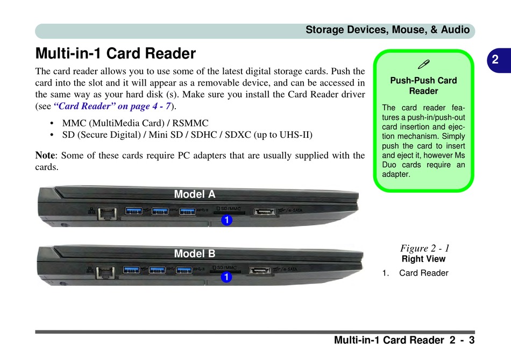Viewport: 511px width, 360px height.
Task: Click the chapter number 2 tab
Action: coord(494,61)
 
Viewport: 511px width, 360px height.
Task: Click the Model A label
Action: coord(195,194)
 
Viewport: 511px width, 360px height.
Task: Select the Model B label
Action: coord(195,253)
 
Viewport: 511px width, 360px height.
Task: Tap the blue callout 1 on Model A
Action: coord(226,220)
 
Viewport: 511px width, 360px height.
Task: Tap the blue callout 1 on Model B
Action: coord(226,278)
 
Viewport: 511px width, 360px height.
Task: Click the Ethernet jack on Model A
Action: coord(108,214)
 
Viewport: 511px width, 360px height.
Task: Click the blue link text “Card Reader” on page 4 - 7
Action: coord(112,106)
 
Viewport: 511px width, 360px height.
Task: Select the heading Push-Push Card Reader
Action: coord(423,86)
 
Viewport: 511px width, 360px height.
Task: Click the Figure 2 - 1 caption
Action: coord(424,248)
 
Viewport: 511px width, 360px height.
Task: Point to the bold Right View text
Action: coord(424,259)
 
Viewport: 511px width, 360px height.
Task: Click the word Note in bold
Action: coord(45,156)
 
